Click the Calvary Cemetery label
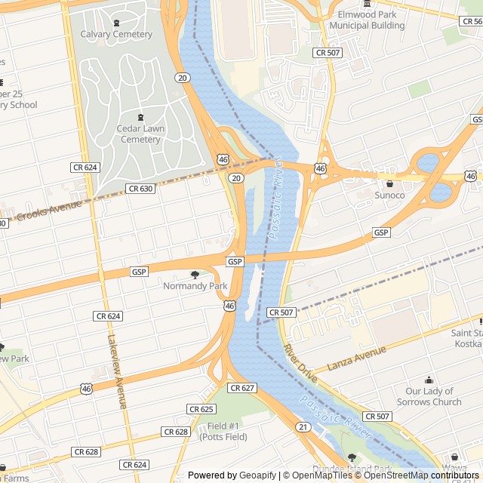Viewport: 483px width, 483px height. coord(116,35)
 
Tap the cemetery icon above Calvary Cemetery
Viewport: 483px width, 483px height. coord(116,23)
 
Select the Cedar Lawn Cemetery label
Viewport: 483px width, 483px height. coord(140,134)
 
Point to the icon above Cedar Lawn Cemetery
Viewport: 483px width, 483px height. coord(140,117)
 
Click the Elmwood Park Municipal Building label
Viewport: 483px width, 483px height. coord(367,20)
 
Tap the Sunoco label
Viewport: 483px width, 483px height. coord(389,195)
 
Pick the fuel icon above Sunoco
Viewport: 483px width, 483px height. coord(389,183)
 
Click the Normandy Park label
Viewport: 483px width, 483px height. coord(195,286)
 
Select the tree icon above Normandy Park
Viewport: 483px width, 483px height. coord(195,275)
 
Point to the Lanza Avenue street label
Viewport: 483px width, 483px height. coord(357,358)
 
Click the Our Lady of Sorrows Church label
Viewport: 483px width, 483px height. coord(429,396)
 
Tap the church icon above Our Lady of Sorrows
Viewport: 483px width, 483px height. coord(429,380)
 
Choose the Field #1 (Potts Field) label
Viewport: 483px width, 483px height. coord(223,431)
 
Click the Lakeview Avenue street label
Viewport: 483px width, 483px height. coord(117,372)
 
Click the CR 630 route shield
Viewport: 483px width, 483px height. coord(140,189)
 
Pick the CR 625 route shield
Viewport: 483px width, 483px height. coord(202,409)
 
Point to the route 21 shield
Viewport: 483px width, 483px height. coord(303,427)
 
